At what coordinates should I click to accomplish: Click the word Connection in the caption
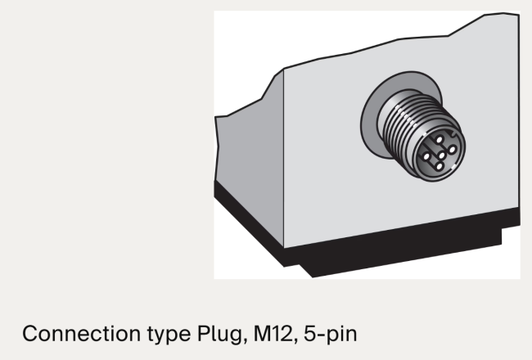[x=81, y=334]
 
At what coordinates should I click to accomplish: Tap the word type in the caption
[x=169, y=335]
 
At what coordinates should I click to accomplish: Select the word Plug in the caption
[x=220, y=335]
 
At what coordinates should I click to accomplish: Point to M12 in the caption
[x=273, y=334]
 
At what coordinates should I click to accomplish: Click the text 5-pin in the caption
[x=331, y=334]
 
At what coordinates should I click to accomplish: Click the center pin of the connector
[x=441, y=155]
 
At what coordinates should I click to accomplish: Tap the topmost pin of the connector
[x=440, y=139]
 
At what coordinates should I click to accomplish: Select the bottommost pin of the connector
[x=439, y=166]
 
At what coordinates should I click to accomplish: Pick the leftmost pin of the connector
[x=426, y=157]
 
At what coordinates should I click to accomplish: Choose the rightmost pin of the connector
[x=452, y=149]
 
